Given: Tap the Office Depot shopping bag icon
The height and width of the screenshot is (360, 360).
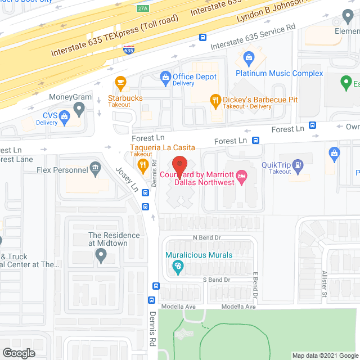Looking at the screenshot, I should (165, 76).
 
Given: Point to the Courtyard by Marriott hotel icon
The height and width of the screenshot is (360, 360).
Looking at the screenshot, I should (241, 177).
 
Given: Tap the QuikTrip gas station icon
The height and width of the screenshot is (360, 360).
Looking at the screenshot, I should (298, 165).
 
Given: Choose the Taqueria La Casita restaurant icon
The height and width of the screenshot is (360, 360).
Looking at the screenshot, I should (143, 165).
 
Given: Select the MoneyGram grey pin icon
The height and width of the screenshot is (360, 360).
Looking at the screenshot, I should (80, 107).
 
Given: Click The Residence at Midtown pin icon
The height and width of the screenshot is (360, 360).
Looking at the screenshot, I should (101, 256).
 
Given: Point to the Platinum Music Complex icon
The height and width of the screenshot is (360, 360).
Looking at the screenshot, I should (247, 57).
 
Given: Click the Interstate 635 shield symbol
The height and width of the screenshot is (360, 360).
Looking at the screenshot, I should (129, 50).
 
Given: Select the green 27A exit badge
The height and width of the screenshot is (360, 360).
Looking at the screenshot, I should (143, 8).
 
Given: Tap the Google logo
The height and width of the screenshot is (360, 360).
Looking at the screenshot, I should (18, 353).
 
